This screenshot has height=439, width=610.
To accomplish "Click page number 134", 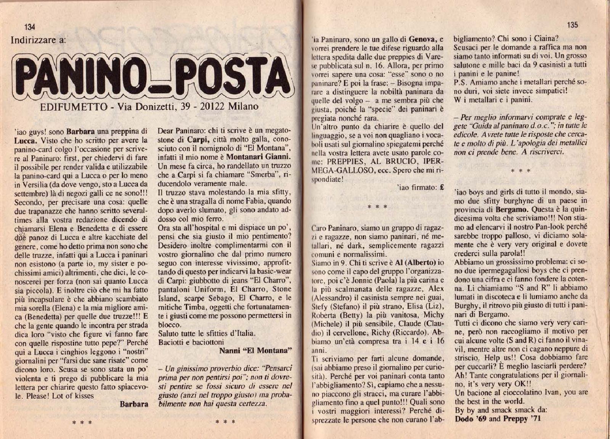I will [29, 27].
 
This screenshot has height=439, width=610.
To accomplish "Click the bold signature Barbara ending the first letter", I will [134, 404].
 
